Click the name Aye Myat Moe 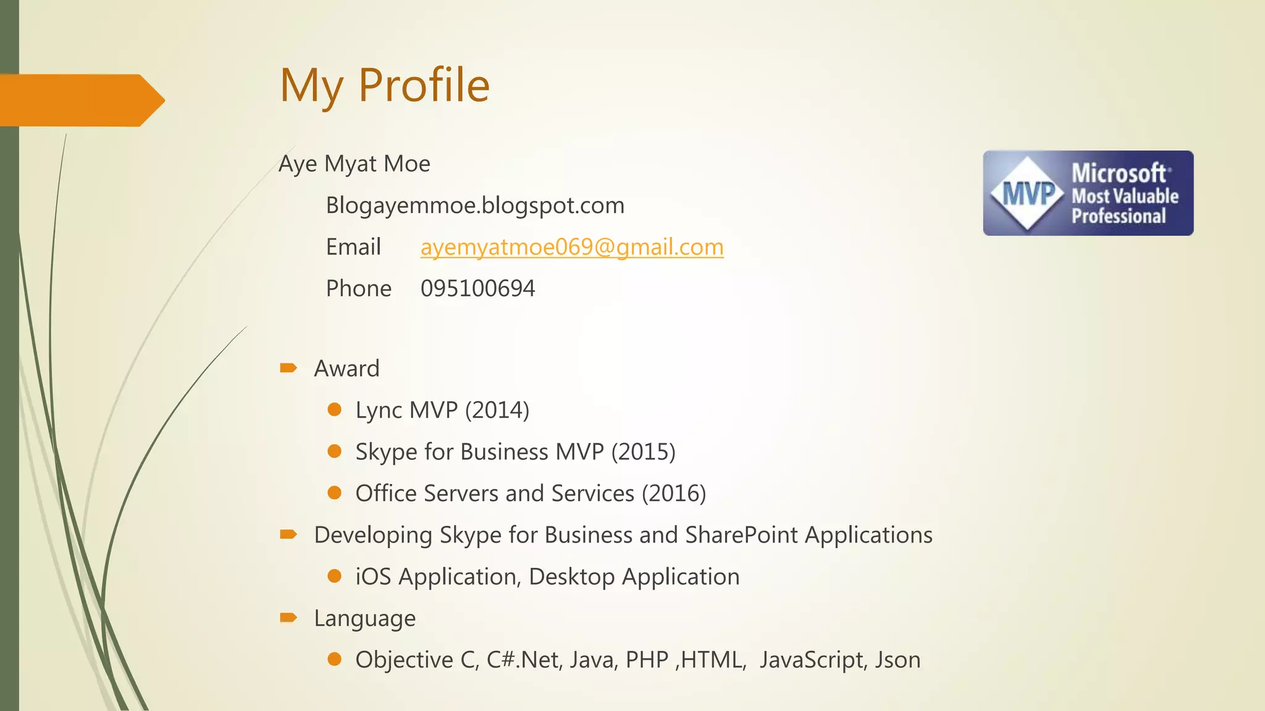click(354, 164)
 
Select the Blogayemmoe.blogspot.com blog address click(475, 205)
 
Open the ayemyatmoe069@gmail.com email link click(572, 247)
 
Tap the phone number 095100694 click(477, 288)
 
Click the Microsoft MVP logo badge click(1088, 193)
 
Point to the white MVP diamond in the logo click(1027, 193)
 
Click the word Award click(347, 368)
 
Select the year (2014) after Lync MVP click(497, 410)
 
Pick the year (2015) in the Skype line click(643, 452)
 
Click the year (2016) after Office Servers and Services click(673, 493)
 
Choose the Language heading click(364, 618)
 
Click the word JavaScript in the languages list click(811, 660)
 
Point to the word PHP click(647, 660)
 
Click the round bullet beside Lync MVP click(335, 409)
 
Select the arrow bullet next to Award click(288, 368)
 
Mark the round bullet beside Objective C click(335, 659)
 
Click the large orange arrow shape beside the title click(80, 100)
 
